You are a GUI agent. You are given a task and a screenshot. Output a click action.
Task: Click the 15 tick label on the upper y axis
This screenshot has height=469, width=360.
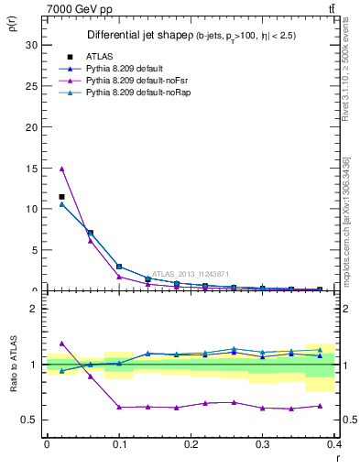[32, 168]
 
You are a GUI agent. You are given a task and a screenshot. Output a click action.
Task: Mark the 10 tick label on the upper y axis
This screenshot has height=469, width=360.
[32, 209]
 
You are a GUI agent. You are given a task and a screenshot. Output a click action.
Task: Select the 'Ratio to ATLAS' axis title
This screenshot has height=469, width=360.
[12, 364]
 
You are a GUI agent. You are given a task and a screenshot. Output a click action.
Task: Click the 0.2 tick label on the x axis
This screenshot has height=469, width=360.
[191, 444]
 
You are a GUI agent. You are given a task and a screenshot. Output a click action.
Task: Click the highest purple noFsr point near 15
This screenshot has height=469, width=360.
[61, 169]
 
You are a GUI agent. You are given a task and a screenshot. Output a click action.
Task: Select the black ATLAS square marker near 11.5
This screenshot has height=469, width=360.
[61, 197]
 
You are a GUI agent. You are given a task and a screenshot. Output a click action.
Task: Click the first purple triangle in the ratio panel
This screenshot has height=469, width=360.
[61, 343]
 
